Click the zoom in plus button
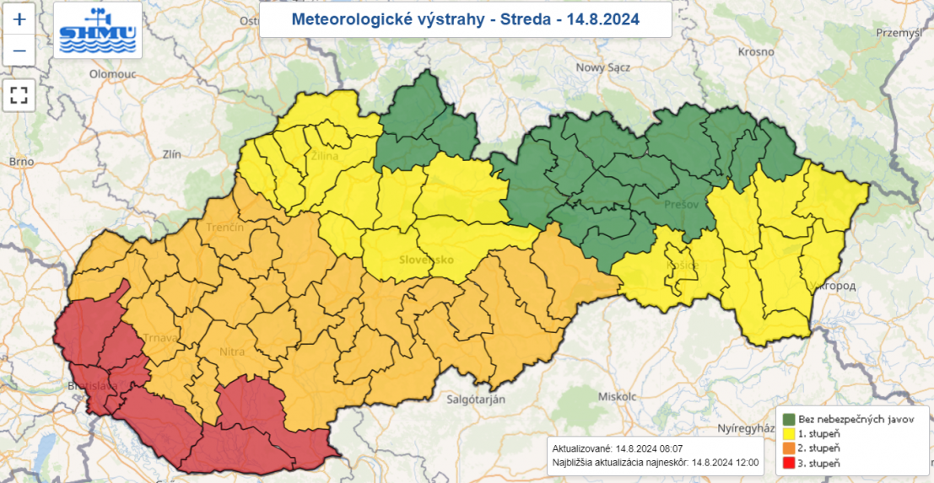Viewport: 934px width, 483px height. pos(19,19)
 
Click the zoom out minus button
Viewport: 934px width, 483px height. pos(19,51)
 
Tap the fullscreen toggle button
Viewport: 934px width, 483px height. pos(19,95)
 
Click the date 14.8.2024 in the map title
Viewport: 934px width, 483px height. pos(603,19)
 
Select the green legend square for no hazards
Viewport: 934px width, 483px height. pos(788,419)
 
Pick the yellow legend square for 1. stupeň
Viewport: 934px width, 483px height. pos(788,434)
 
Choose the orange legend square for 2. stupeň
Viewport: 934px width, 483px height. pos(788,448)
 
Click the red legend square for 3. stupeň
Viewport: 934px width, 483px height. pos(788,464)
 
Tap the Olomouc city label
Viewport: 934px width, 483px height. pos(113,74)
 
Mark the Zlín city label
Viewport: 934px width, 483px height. pos(171,155)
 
